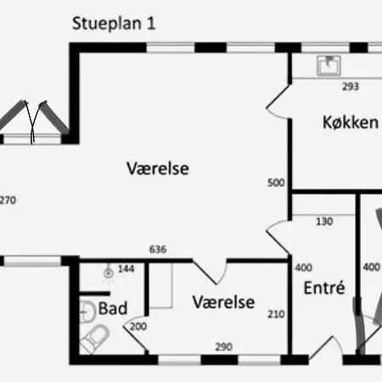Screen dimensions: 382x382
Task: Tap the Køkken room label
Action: [350, 122]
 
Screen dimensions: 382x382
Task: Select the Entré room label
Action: [323, 287]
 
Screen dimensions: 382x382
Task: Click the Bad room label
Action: [113, 308]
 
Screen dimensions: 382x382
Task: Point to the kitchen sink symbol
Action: [328, 65]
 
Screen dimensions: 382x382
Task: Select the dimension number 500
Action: [275, 183]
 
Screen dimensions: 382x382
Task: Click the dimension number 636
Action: [157, 250]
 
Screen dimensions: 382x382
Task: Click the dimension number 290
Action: [222, 346]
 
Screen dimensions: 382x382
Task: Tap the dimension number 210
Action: [275, 315]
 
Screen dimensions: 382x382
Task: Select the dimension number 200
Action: [139, 327]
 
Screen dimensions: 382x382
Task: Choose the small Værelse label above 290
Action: [223, 301]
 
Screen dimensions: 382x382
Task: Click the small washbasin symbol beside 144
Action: [108, 272]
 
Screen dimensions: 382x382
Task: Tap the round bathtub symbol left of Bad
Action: [87, 309]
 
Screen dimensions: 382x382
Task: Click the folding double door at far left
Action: [34, 121]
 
